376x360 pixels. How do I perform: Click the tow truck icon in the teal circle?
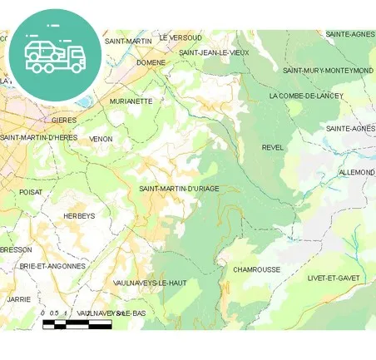click(54, 55)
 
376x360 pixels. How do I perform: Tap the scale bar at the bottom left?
click(77, 323)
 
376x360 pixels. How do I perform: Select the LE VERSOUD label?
click(181, 38)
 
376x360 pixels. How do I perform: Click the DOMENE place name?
click(151, 62)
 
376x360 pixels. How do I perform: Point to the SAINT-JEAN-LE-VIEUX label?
click(214, 52)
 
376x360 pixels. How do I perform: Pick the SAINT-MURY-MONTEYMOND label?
click(328, 71)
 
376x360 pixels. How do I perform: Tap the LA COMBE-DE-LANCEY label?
click(300, 96)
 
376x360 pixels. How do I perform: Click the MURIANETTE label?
click(131, 101)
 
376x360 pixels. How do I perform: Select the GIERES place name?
click(63, 120)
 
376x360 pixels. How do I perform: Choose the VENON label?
click(101, 139)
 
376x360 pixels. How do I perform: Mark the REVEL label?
click(273, 148)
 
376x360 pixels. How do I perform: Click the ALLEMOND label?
click(357, 172)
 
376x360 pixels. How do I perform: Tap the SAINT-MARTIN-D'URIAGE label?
click(179, 189)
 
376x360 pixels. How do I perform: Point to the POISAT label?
click(30, 191)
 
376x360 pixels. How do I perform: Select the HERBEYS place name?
click(79, 216)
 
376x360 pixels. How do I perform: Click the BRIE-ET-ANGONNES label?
click(53, 266)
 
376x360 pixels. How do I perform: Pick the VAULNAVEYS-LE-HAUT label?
click(150, 283)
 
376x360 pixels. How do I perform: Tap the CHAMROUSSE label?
click(256, 270)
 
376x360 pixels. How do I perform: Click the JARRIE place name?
click(18, 298)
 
